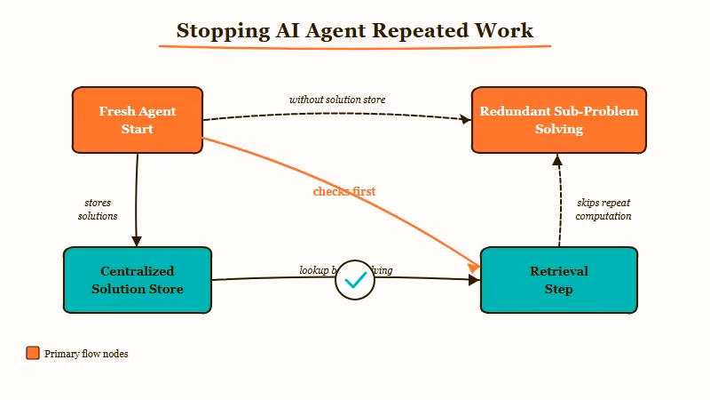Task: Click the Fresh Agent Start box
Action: (138, 120)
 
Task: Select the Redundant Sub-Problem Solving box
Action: (558, 120)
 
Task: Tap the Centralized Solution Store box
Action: (138, 280)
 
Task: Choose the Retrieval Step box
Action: (558, 280)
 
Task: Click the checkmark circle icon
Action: (355, 280)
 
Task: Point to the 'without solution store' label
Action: (337, 100)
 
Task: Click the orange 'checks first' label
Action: (344, 191)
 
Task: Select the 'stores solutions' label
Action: (98, 210)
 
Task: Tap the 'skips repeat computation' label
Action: (603, 210)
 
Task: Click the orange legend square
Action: (33, 353)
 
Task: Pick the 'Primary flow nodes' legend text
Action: (86, 354)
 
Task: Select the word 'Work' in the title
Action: (503, 30)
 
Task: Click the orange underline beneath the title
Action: (355, 46)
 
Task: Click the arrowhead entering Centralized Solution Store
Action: (137, 240)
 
